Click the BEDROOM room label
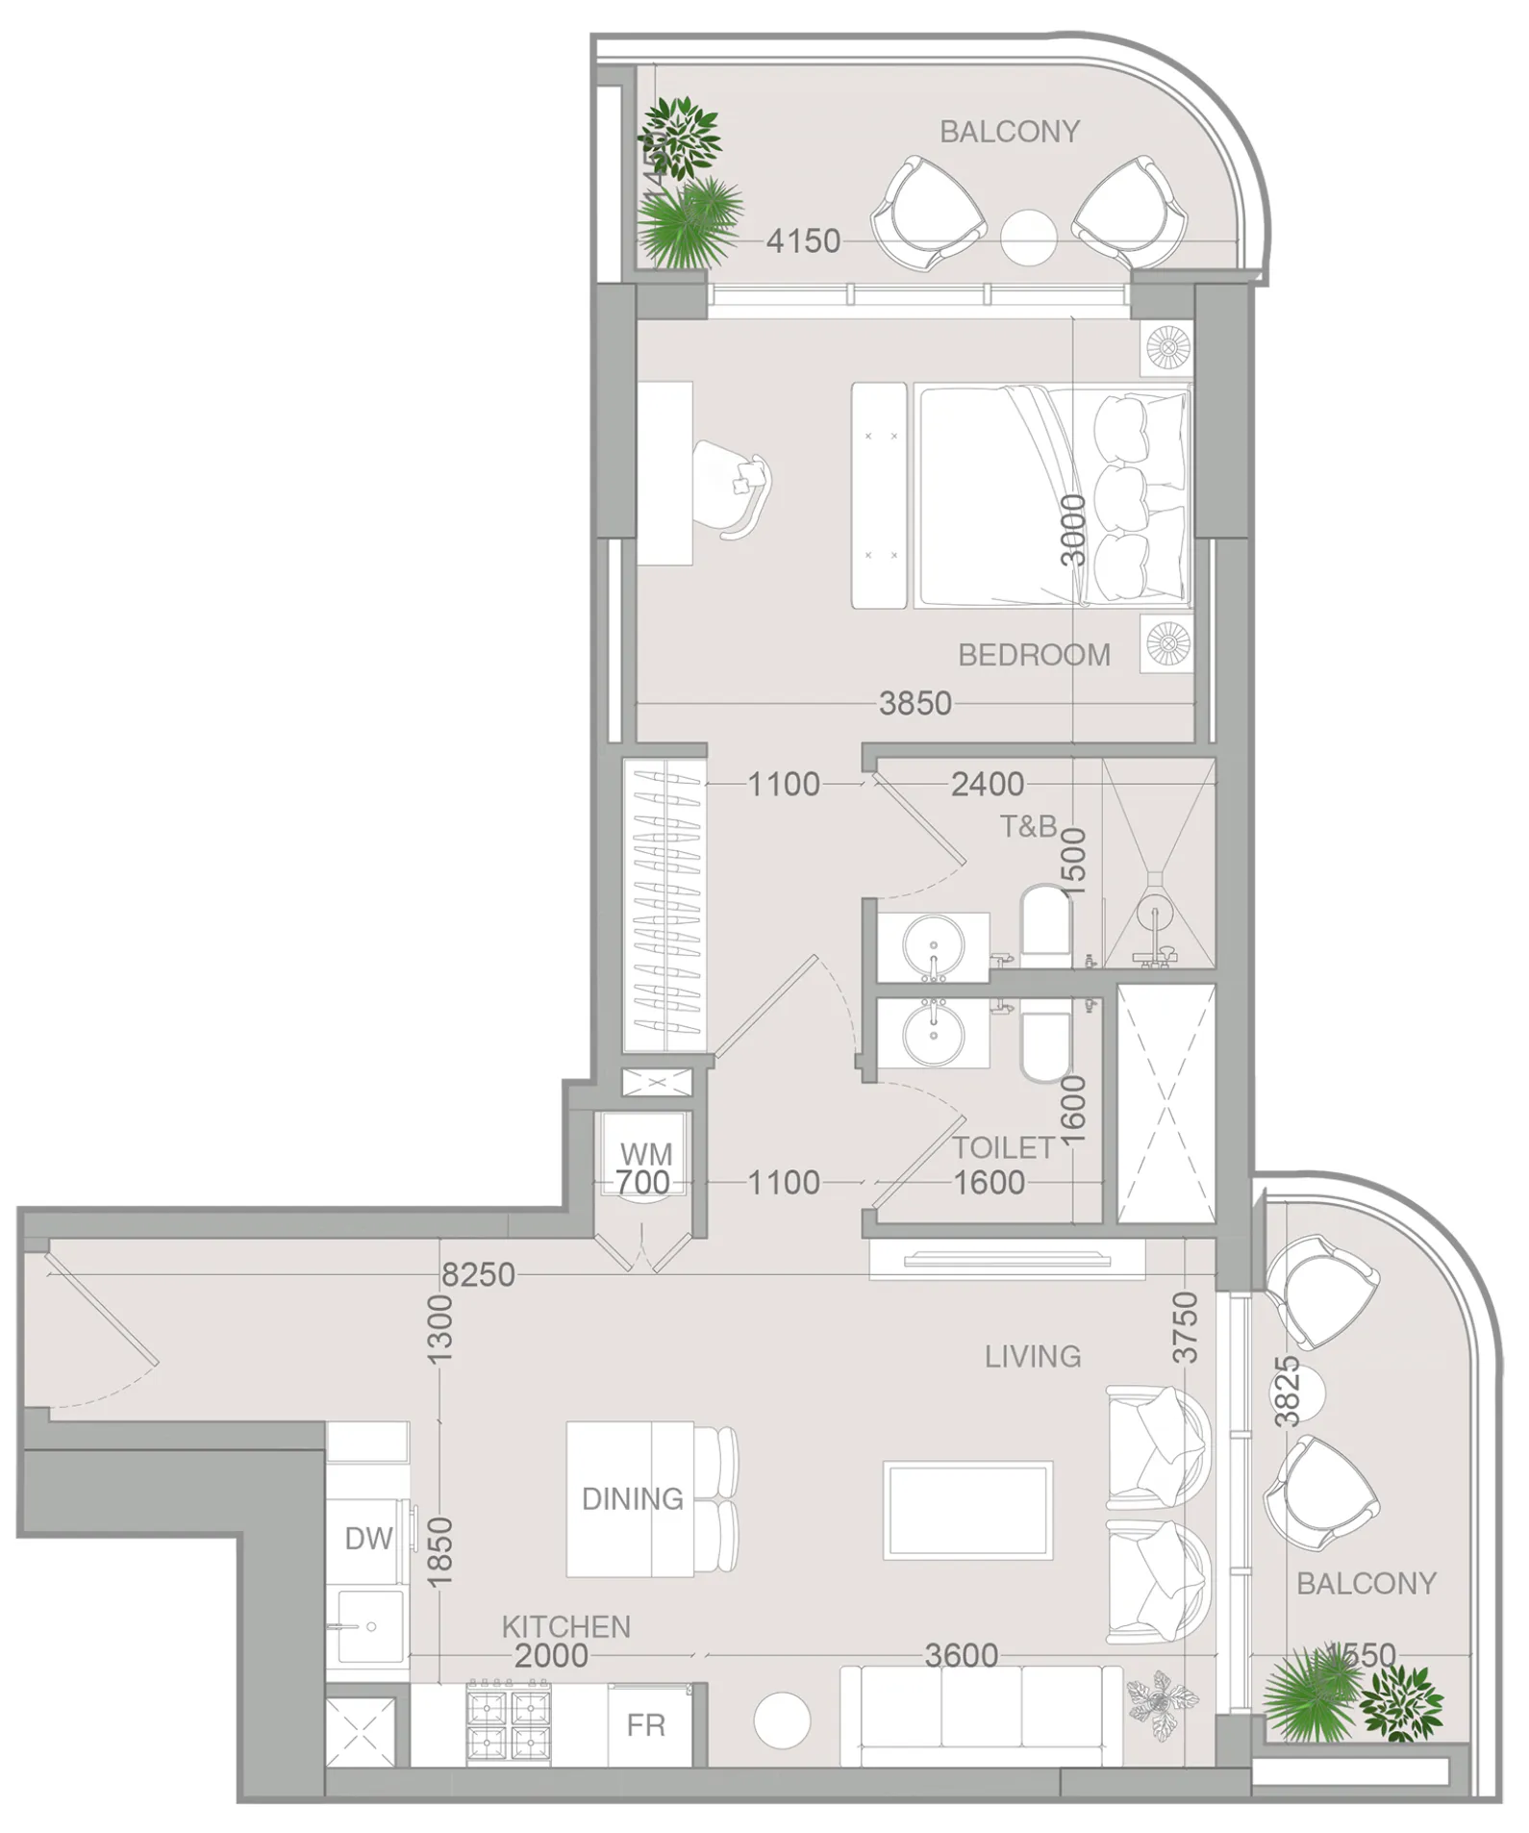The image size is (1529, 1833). [x=1034, y=655]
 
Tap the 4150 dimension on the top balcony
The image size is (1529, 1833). [x=803, y=240]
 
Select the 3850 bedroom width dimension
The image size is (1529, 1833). [x=915, y=704]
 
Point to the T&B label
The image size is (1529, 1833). [x=1028, y=826]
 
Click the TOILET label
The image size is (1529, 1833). [x=1004, y=1147]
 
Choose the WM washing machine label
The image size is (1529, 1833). [x=646, y=1153]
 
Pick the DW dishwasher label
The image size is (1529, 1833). [x=368, y=1539]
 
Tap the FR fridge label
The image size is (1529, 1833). [x=645, y=1725]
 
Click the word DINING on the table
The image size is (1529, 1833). [x=633, y=1498]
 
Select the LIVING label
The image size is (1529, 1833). [x=1033, y=1356]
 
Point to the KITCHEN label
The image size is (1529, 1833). [x=566, y=1626]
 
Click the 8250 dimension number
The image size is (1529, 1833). [x=478, y=1275]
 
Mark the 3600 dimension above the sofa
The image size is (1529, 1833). [x=961, y=1655]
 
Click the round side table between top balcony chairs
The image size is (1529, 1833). [x=1028, y=237]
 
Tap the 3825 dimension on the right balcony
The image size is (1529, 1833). [x=1287, y=1391]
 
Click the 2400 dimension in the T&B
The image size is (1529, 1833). [x=987, y=785]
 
